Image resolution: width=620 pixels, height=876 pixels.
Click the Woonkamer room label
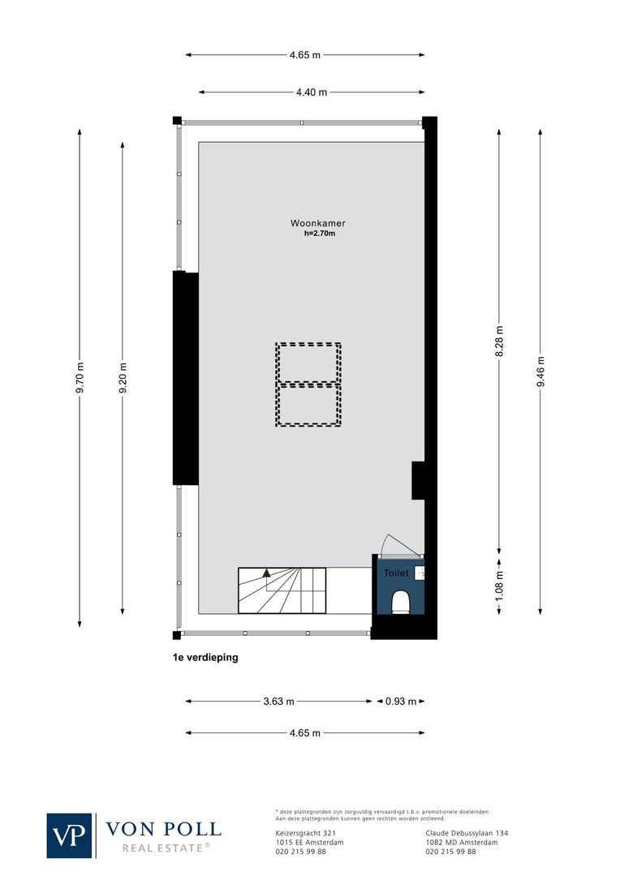click(312, 223)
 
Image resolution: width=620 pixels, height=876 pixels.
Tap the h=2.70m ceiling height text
click(314, 234)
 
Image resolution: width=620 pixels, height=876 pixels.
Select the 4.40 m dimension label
click(312, 92)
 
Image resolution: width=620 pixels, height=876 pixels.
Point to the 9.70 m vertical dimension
click(80, 379)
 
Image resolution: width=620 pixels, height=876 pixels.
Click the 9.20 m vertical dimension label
click(123, 379)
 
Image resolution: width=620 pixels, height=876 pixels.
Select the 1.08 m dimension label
click(499, 584)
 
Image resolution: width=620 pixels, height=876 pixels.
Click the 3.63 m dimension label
click(278, 702)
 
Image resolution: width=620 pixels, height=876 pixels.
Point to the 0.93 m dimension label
click(400, 702)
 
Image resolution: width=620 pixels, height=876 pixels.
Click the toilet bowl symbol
click(399, 602)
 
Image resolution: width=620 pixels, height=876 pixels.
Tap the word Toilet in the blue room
click(396, 573)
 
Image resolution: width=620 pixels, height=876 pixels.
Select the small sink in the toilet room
click(420, 573)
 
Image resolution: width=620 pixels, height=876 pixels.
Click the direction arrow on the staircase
click(266, 573)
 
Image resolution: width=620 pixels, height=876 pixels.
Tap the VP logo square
click(70, 835)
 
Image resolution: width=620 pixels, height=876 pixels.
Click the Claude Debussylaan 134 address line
click(467, 833)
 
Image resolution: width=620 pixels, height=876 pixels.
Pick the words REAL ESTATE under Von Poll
click(166, 848)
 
